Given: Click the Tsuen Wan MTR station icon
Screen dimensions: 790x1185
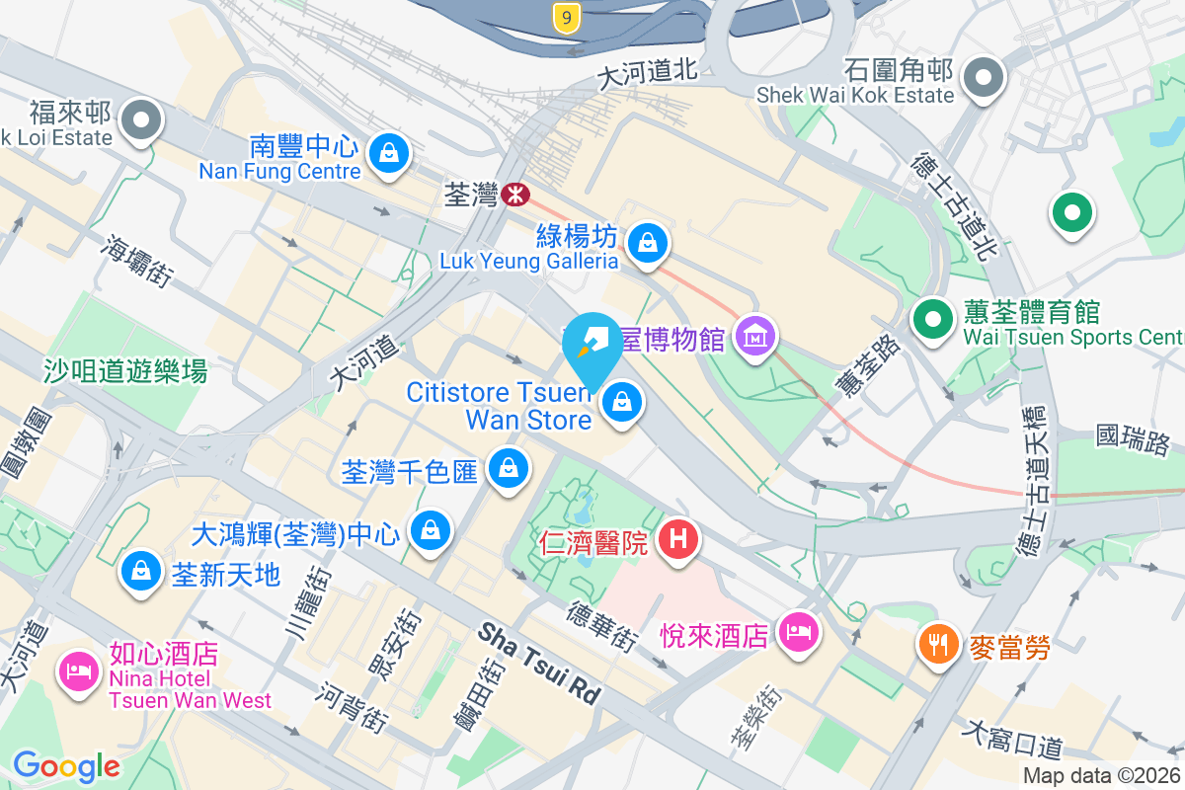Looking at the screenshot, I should tap(514, 194).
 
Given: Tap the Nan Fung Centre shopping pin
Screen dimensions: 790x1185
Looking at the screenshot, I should tap(389, 153).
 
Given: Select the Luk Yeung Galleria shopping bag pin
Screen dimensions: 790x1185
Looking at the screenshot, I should tap(648, 241).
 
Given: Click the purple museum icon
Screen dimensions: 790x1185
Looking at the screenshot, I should tap(755, 339).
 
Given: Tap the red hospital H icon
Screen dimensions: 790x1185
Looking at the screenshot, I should tap(678, 539).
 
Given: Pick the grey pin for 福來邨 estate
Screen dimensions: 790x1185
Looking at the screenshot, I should tap(141, 120).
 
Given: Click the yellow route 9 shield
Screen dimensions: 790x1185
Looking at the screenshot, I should tap(565, 17).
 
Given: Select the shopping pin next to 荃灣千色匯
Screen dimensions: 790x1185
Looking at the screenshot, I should tap(509, 467).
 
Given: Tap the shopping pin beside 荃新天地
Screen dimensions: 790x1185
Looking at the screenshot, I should tap(141, 571).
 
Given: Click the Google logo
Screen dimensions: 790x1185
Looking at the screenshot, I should tap(66, 766).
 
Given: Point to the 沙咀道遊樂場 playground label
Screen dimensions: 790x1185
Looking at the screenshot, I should tap(125, 371).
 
